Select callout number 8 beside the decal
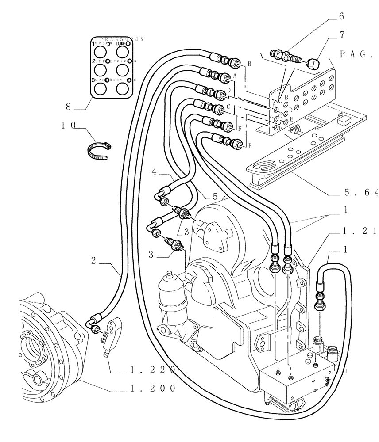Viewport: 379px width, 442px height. [x=68, y=106]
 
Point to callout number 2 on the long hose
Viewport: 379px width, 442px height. [x=94, y=261]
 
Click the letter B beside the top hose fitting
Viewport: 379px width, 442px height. [x=249, y=64]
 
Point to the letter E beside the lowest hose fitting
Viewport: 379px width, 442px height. [x=250, y=145]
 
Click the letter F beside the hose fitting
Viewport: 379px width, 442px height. [x=239, y=130]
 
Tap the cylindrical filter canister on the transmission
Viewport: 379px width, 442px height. [x=170, y=294]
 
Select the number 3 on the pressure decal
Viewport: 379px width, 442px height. [x=93, y=80]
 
